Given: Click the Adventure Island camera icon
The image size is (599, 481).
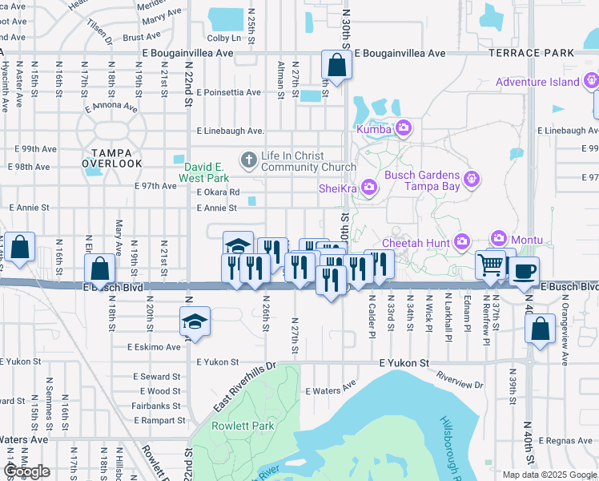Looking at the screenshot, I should (x=591, y=81).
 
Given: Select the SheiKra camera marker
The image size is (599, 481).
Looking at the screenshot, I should (x=368, y=187).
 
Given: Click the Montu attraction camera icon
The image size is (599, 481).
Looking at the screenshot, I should (x=500, y=239).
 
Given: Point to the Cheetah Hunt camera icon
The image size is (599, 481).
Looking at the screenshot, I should (x=462, y=241).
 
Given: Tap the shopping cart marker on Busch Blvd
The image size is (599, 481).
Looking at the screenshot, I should (x=490, y=265).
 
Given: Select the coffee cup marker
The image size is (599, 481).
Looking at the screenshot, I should (x=524, y=271).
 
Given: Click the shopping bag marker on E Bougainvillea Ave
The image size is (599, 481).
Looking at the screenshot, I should (x=337, y=66).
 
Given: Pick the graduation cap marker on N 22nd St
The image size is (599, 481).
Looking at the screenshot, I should (x=195, y=322).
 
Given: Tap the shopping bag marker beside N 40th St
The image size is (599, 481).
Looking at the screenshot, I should (x=541, y=328).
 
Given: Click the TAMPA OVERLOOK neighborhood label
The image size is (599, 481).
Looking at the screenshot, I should (x=111, y=157).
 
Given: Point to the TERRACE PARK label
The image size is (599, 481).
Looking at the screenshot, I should (x=531, y=53).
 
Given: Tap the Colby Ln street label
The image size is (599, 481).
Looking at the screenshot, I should (x=224, y=38).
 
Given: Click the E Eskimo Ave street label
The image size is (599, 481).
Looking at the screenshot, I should (x=154, y=347).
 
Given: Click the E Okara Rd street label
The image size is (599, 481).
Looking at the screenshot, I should (x=218, y=192).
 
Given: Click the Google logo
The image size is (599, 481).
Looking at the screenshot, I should (x=27, y=471).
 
